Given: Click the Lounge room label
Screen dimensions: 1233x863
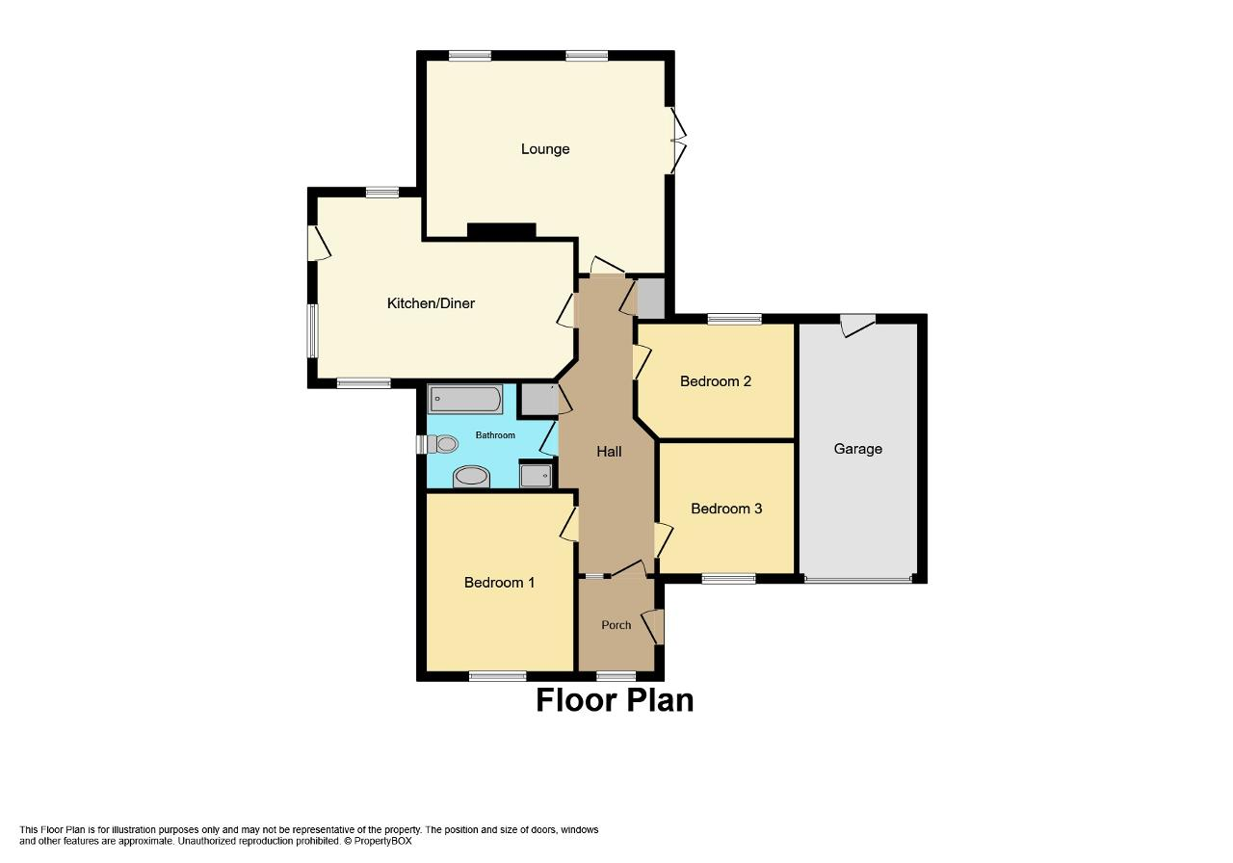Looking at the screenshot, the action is [545, 149].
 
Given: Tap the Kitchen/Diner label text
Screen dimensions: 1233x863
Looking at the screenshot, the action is [431, 303].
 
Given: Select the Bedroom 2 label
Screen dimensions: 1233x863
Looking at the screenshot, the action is [715, 381].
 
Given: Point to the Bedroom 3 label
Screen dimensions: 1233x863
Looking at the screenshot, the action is [726, 509].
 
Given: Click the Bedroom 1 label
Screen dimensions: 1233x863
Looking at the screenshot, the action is [499, 583].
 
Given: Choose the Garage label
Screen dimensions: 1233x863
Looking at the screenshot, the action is [857, 449].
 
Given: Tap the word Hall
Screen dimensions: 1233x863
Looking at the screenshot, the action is [609, 452].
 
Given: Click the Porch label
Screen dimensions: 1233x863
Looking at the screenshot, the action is [616, 625].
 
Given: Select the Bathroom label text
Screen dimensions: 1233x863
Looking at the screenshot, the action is [495, 435].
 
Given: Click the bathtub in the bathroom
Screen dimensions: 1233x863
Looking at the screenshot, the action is [465, 399].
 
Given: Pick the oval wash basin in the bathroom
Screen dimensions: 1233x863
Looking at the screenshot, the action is [471, 477].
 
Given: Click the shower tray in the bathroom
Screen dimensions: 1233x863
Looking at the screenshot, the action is [536, 476].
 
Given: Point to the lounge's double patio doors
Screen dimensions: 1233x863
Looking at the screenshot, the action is [677, 141].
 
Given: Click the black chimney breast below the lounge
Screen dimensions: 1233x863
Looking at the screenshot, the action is [502, 231].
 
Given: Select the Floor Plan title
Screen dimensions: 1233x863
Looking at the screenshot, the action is [615, 700].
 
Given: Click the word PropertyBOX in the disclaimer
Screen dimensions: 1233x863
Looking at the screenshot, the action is [382, 842].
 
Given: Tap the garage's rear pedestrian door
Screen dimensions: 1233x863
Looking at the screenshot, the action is [857, 325].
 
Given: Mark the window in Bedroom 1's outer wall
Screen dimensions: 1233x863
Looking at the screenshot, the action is [498, 676].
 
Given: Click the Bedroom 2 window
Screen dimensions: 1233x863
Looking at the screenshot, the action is [735, 319].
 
